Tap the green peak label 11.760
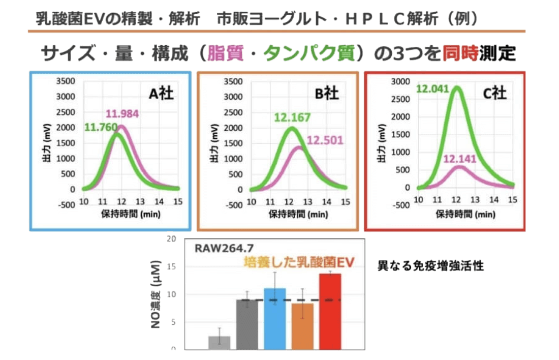point(101,127)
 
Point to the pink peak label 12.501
point(326,140)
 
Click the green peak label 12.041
point(432,89)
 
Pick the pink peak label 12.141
point(460,159)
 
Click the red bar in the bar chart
point(330,311)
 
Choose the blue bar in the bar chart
point(274,319)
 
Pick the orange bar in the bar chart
point(302,326)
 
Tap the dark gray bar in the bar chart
point(247,324)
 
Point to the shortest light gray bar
point(220,343)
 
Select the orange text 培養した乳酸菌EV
point(298,262)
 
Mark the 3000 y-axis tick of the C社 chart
point(402,81)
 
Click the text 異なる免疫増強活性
point(430,266)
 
